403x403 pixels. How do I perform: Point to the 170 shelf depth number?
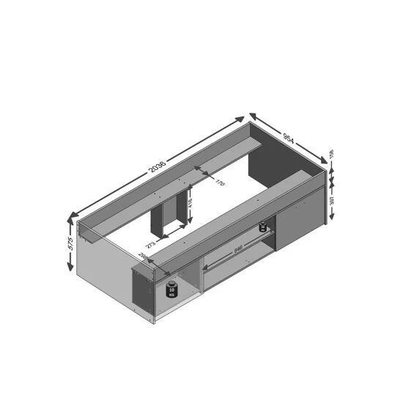point(218,183)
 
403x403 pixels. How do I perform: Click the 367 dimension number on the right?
point(331,199)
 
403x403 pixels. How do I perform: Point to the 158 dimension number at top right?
point(331,155)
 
